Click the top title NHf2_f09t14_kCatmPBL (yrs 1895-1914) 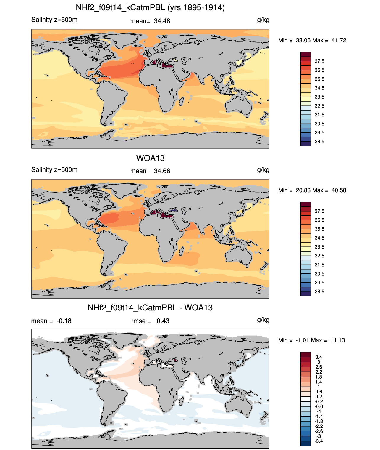(x=150, y=8)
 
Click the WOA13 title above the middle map (x=150, y=158)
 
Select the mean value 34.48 (x=162, y=21)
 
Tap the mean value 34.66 (x=162, y=171)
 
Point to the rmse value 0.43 (x=163, y=321)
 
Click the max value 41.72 (x=339, y=40)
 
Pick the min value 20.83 (x=303, y=190)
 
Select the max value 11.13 (x=337, y=340)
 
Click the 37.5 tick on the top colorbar (x=319, y=61)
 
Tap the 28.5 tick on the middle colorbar (x=319, y=292)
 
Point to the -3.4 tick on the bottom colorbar (x=319, y=441)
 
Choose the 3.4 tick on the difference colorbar (x=319, y=357)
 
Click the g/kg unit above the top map (x=263, y=20)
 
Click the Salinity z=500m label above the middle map (x=54, y=169)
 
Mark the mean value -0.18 (x=64, y=321)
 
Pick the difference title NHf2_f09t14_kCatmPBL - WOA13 (x=150, y=308)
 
